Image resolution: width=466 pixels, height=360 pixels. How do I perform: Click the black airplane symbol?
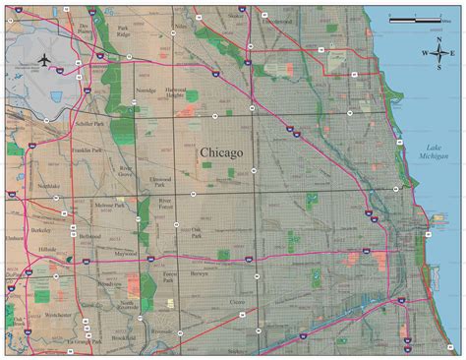click(45, 61)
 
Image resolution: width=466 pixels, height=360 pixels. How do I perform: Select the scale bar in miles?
click(414, 20)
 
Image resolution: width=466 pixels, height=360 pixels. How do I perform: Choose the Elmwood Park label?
click(161, 181)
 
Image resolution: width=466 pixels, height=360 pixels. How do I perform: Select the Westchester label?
click(60, 316)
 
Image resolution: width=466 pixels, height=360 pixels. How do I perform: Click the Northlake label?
click(48, 185)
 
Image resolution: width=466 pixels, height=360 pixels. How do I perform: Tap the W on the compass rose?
click(426, 53)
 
